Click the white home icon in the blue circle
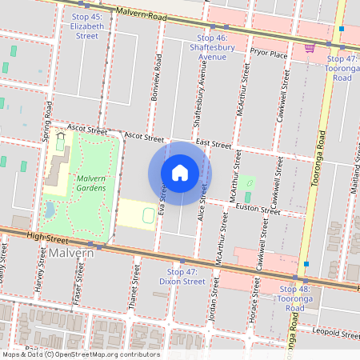[x=180, y=173]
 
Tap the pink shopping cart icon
[x=309, y=49]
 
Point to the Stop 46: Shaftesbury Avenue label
[x=212, y=47]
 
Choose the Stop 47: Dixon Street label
[x=182, y=277]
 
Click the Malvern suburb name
[x=70, y=253]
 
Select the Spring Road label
[x=48, y=122]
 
